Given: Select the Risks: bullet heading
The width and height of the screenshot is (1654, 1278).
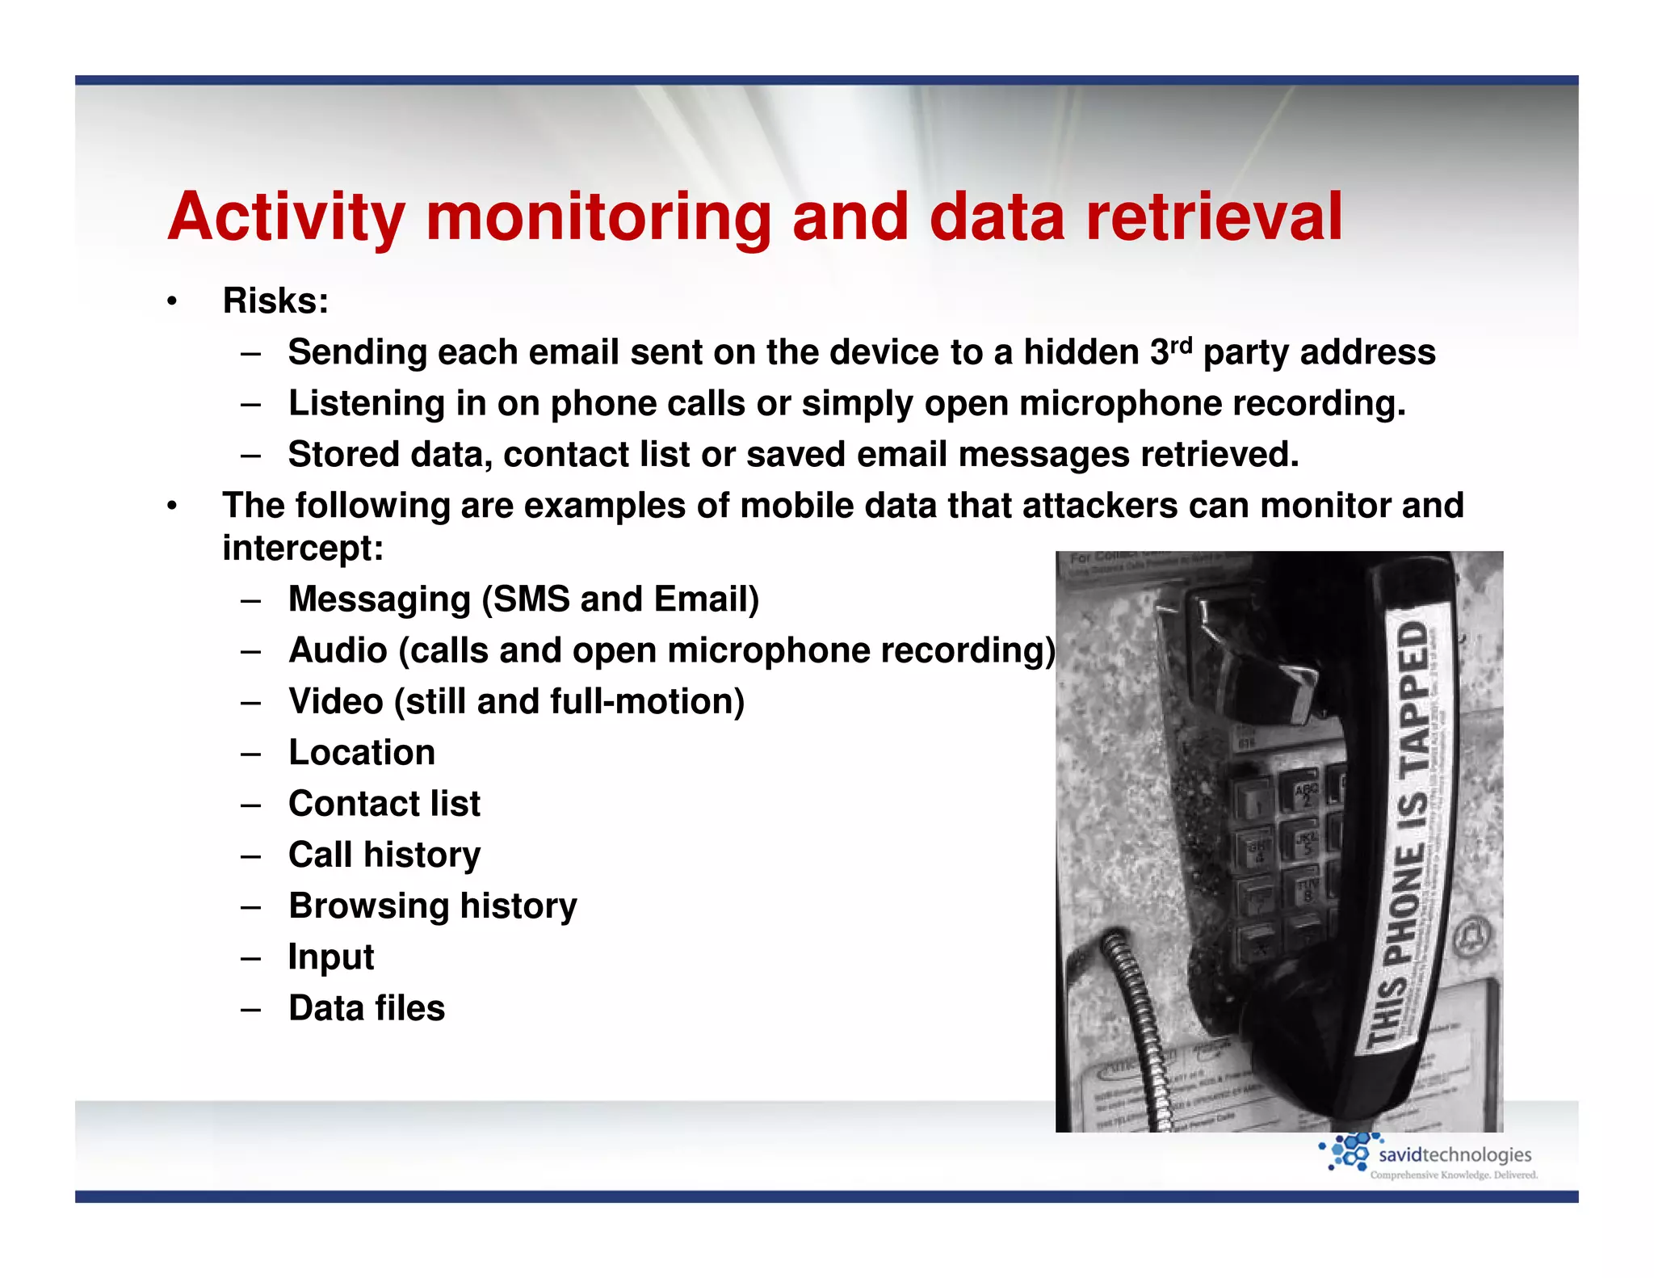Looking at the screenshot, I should pos(275,301).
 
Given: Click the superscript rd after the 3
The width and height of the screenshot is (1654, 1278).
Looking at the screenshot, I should pos(1181,345).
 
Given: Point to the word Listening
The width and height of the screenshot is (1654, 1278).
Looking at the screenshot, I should pos(367,403).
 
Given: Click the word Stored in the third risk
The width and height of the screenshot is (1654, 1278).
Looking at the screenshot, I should pos(343,454).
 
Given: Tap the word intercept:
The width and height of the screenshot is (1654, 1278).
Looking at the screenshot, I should pos(303,549).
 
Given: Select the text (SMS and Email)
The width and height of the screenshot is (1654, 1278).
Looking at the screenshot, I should pos(620,599).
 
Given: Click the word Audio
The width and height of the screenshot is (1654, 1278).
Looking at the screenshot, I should pos(338,650).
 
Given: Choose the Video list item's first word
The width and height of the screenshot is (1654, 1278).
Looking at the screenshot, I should pos(335,701).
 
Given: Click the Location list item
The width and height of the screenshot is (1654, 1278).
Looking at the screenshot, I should pos(362,753).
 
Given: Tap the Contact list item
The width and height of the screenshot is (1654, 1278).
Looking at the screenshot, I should pos(384,804).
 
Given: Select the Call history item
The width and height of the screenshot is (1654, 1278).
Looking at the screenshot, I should pos(384,855).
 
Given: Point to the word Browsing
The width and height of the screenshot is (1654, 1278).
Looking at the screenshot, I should pos(368,906).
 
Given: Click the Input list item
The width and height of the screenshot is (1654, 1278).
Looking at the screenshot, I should pos(331,957).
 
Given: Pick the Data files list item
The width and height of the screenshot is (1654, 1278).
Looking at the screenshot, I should pos(367,1008).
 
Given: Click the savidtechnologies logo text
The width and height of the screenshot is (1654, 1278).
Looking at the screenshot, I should pos(1454,1155).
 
